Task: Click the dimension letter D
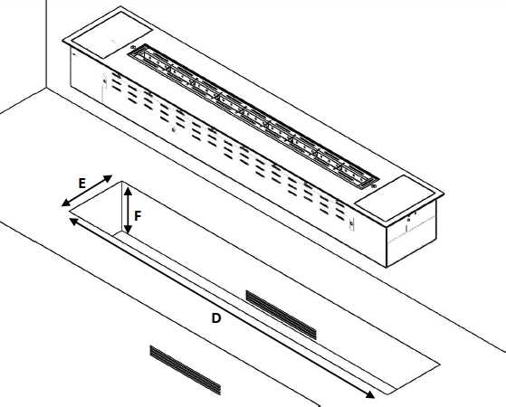[215, 318]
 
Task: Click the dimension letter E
[81, 184]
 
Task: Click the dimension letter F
[138, 216]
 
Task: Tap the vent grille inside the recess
[282, 314]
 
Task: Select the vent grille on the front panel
[185, 370]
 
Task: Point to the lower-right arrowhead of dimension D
[371, 394]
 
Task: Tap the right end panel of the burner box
[412, 235]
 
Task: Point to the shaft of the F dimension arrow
[128, 211]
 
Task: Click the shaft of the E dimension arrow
[88, 190]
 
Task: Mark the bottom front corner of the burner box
[387, 268]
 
